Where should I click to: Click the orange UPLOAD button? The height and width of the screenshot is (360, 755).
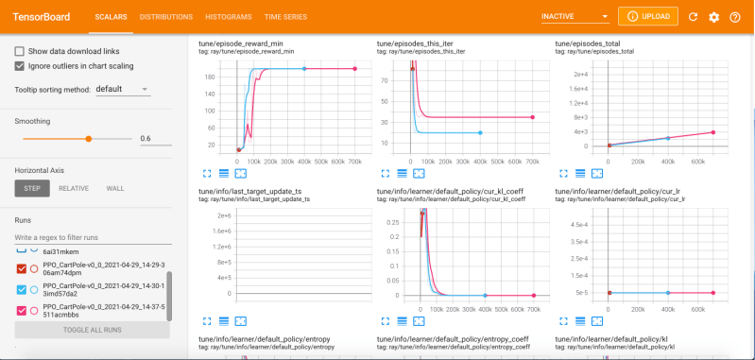[x=647, y=17]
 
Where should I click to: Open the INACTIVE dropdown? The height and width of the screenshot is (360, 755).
[x=575, y=17]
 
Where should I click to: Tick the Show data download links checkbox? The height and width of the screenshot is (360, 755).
[x=20, y=51]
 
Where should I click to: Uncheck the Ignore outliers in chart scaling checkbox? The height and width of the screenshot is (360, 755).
[x=20, y=66]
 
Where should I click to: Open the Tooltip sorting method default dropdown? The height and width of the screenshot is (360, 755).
[x=122, y=89]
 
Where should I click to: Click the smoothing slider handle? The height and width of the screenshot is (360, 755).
[x=89, y=138]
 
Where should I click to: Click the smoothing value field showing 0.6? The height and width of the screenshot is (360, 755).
[x=154, y=138]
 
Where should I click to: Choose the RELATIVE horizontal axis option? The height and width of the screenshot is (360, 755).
[x=74, y=188]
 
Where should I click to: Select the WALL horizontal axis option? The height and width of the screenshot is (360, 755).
[x=115, y=188]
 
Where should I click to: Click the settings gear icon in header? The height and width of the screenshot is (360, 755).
[x=713, y=17]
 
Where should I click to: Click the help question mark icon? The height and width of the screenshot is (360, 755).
[x=736, y=17]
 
